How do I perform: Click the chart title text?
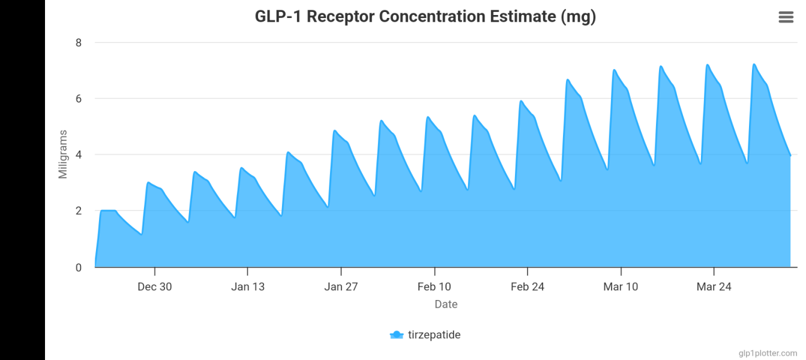[425, 17]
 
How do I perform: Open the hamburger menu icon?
[786, 17]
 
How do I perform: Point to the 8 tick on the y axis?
[79, 43]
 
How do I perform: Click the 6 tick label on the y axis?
[79, 98]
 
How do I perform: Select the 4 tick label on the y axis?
[79, 155]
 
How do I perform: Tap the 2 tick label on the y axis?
[79, 211]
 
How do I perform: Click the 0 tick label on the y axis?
[79, 268]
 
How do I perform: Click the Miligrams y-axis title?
[63, 154]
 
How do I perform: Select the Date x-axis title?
[446, 305]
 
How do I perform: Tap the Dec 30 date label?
[154, 287]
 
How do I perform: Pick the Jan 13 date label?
[248, 287]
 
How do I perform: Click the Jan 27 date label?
[341, 287]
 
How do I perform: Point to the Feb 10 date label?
[435, 287]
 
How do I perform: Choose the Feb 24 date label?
[528, 287]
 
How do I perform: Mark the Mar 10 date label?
[621, 287]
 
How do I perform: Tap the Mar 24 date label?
[714, 287]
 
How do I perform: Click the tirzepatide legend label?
[434, 335]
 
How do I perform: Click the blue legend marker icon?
[396, 335]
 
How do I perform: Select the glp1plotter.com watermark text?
[768, 353]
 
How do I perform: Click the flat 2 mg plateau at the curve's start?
[108, 211]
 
